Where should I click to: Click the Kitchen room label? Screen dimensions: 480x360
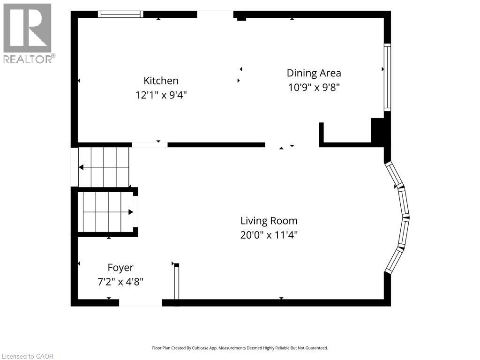(161, 81)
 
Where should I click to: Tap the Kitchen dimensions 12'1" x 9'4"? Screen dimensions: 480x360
(161, 95)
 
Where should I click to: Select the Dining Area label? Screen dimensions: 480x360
(314, 73)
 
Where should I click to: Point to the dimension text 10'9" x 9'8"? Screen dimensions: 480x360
(314, 88)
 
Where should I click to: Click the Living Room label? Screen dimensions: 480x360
(269, 221)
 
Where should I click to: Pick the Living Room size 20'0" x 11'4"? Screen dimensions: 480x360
(269, 235)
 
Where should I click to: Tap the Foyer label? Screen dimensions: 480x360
(120, 268)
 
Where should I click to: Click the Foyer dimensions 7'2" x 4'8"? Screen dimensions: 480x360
(120, 282)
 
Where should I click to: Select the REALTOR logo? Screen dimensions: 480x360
(29, 33)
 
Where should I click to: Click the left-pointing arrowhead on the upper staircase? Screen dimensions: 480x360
(81, 167)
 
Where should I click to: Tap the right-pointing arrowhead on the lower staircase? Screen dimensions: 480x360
(131, 212)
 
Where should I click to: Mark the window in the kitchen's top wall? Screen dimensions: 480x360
(120, 14)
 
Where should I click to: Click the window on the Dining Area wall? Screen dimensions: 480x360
(388, 77)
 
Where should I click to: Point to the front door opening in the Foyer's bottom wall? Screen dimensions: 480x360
(141, 303)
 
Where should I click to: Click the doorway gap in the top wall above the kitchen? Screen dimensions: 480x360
(215, 14)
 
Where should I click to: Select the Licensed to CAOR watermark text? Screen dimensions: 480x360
(28, 356)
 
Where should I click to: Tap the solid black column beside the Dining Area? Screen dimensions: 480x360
(378, 130)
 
